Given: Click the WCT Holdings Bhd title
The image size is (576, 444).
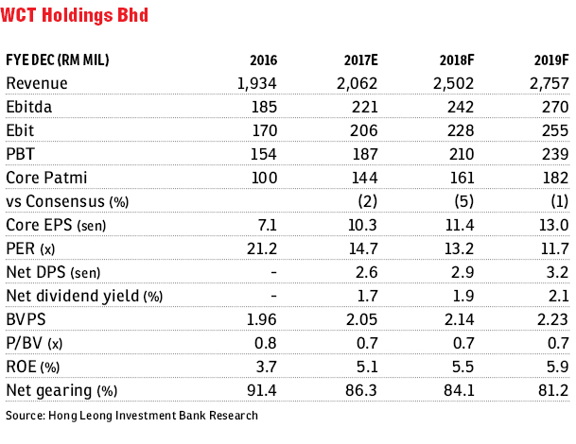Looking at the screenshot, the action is point(74,15).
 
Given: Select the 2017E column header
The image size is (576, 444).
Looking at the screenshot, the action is point(360,60).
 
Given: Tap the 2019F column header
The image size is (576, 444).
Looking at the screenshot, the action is point(551,60).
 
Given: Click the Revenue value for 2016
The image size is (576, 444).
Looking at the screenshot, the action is point(256,84).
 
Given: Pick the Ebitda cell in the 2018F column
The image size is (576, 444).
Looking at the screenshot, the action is point(461,107).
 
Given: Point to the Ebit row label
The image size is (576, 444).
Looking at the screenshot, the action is point(20,130).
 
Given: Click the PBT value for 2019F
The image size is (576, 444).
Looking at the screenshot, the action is point(555,154).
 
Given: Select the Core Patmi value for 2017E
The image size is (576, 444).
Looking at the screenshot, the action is point(364,178).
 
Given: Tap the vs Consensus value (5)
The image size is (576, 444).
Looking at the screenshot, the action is point(464,201).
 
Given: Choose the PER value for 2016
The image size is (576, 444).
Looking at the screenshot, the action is point(262,248).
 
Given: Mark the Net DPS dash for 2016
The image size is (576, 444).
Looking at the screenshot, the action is point(273,273).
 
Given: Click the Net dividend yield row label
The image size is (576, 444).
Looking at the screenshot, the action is point(84,296).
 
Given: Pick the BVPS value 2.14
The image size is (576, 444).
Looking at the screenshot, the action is point(459,319).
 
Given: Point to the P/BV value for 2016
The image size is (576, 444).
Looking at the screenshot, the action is point(266,343).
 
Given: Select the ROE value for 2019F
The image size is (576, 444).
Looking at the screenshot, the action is point(558,367).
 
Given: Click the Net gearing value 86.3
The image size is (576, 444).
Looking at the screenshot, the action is point(361,390).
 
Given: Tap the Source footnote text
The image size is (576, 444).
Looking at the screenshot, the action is point(131,416).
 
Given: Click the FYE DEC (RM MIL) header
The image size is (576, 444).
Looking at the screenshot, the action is point(58,60).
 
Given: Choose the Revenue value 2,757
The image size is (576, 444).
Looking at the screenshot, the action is point(550,84).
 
